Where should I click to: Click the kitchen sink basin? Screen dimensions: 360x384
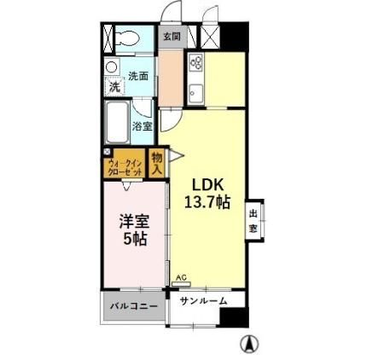(x=194, y=92)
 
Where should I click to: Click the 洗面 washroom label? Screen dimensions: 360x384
(x=137, y=76)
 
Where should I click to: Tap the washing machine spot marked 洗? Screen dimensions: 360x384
(x=113, y=86)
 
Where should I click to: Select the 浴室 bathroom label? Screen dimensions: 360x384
(x=142, y=126)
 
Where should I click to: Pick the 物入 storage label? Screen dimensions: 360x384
(x=157, y=163)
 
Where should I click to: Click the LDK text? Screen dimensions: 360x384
(x=207, y=183)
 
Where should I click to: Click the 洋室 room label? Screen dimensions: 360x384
(x=131, y=221)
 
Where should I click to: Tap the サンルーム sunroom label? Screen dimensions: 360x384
(x=203, y=301)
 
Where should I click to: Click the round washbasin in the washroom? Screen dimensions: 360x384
(x=112, y=68)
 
